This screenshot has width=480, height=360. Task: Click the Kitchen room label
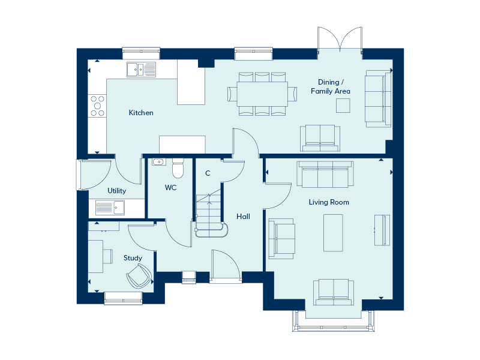pos(141,113)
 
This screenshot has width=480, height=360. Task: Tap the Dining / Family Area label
pos(331,86)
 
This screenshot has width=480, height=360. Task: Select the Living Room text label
pos(329,202)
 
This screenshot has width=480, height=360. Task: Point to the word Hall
pos(244,217)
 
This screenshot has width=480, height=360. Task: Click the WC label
pos(170,187)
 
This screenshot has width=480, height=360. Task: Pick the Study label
pos(133,258)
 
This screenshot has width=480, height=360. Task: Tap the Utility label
pos(116,191)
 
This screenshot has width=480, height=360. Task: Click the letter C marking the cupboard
pos(208,173)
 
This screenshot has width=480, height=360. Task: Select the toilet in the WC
pos(178,168)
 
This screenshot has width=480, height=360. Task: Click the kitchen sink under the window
pos(141,70)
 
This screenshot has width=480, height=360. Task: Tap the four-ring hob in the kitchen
pos(97,106)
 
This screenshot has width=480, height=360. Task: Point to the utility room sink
pos(110,208)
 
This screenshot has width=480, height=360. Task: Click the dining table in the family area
pos(262,94)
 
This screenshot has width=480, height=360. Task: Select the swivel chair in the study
pos(139,276)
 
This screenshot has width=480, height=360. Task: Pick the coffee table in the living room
pos(334,233)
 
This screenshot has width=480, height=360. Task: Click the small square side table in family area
pos(343,106)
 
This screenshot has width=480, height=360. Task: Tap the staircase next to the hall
pos(211,214)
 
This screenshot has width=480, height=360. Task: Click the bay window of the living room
pos(334,321)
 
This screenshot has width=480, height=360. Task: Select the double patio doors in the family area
pos(340,40)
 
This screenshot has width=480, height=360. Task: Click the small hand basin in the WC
pos(159,161)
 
